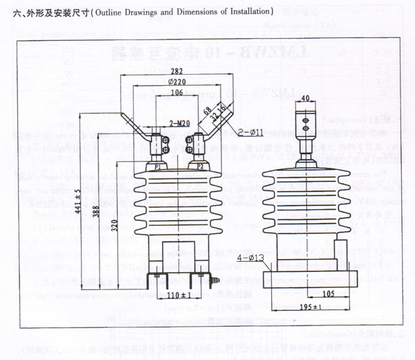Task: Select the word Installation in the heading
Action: pyautogui.click(x=245, y=12)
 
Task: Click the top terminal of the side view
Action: pyautogui.click(x=304, y=131)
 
